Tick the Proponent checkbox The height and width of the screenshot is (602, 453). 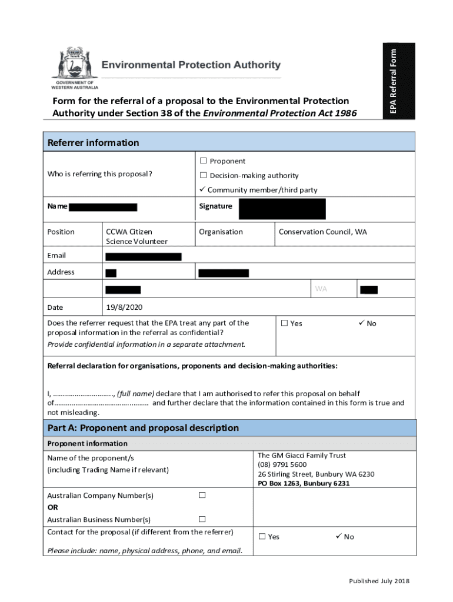click(x=204, y=161)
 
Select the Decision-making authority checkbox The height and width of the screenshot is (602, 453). click(x=204, y=175)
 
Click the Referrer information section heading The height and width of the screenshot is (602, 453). click(x=93, y=142)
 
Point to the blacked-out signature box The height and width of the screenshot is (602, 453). click(x=282, y=209)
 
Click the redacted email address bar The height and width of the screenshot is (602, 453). click(x=143, y=256)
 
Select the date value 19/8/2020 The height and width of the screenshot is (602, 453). click(x=124, y=307)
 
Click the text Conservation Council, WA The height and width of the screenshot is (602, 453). click(x=322, y=232)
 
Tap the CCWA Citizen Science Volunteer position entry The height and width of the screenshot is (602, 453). click(x=136, y=236)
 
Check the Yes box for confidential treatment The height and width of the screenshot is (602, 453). click(x=285, y=323)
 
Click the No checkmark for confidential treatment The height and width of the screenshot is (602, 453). click(x=361, y=323)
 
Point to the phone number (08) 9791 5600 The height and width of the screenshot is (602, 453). click(x=282, y=464)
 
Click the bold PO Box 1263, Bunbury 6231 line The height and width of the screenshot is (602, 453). click(x=304, y=483)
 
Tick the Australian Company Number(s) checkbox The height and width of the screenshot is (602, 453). click(x=202, y=495)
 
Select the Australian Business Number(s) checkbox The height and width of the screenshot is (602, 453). click(x=202, y=519)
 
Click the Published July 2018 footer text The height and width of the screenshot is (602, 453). click(x=378, y=581)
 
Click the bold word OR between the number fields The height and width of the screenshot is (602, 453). click(x=52, y=507)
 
